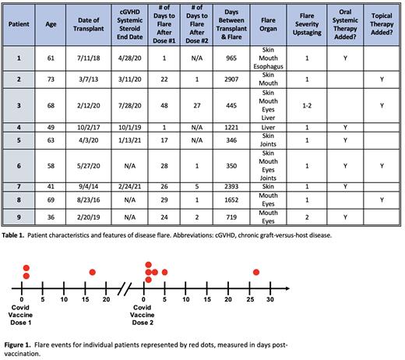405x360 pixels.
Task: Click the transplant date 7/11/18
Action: pos(92,58)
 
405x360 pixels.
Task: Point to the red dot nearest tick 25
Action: pos(256,272)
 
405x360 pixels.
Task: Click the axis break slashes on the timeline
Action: pos(123,286)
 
